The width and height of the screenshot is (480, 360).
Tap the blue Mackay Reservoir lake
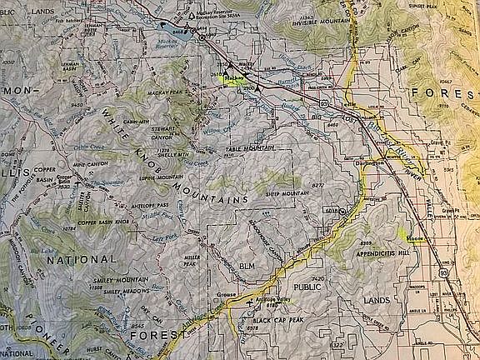[x=201, y=36]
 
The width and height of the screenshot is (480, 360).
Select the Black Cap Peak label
[x=278, y=321]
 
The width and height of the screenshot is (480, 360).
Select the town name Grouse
[x=227, y=295]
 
